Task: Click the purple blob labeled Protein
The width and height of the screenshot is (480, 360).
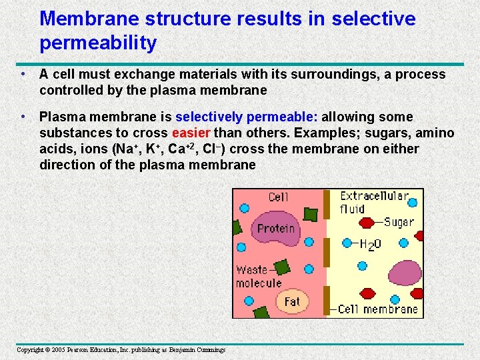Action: [x=275, y=229]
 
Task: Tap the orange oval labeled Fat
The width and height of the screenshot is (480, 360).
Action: [x=292, y=301]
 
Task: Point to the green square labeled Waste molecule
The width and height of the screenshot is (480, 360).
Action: [x=281, y=267]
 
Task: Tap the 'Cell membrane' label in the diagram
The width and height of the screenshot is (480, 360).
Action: [x=377, y=309]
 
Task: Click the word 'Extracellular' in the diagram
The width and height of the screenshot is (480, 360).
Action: [x=373, y=197]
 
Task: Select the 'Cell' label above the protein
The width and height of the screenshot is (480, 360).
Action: [x=278, y=197]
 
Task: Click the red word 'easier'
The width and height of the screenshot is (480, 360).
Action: [x=191, y=132]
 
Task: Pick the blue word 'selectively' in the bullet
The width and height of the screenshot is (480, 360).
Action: [x=211, y=117]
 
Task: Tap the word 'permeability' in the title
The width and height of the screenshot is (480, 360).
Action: [x=98, y=43]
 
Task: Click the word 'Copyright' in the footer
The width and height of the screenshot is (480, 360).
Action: [x=29, y=350]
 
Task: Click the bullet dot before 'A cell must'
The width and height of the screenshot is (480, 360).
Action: [x=23, y=74]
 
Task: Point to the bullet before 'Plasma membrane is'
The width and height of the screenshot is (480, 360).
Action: [x=23, y=117]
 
